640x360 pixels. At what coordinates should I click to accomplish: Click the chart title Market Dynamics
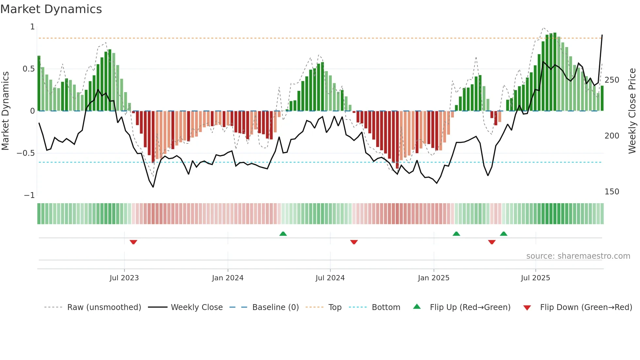(51, 9)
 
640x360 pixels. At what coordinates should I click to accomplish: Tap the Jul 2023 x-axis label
(124, 278)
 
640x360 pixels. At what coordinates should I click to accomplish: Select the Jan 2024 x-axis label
(228, 278)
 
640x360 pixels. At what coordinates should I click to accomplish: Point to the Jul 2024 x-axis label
(330, 278)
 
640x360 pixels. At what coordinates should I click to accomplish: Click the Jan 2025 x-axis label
(433, 278)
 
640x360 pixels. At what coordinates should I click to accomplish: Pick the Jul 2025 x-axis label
(535, 278)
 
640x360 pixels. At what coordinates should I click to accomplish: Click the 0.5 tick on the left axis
(28, 69)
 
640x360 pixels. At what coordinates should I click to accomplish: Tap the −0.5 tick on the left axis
(26, 153)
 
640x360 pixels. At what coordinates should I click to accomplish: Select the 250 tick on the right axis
(612, 80)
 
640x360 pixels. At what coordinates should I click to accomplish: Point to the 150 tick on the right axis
(612, 192)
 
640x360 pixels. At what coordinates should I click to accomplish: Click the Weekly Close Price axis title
(632, 111)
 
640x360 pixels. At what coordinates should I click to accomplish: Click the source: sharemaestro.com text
(578, 256)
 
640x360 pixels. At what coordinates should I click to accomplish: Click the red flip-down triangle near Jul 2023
(133, 242)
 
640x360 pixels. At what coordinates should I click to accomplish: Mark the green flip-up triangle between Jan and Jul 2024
(283, 234)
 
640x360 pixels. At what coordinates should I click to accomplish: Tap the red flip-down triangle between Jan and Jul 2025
(492, 242)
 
